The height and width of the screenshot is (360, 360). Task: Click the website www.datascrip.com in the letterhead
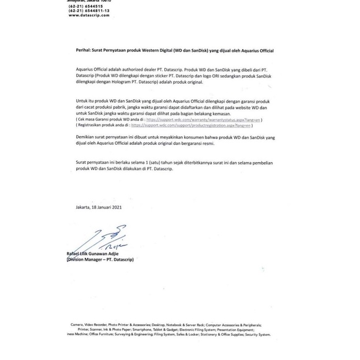click(89, 15)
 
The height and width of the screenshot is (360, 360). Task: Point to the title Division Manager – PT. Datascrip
click(100, 260)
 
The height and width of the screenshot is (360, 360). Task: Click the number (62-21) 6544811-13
click(89, 10)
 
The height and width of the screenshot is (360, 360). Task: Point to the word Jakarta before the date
click(83, 207)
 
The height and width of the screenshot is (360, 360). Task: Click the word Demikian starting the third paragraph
click(86, 137)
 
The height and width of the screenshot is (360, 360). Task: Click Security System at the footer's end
click(257, 335)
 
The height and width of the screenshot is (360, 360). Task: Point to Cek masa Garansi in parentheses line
click(96, 120)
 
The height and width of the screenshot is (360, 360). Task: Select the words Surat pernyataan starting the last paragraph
click(93, 163)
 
